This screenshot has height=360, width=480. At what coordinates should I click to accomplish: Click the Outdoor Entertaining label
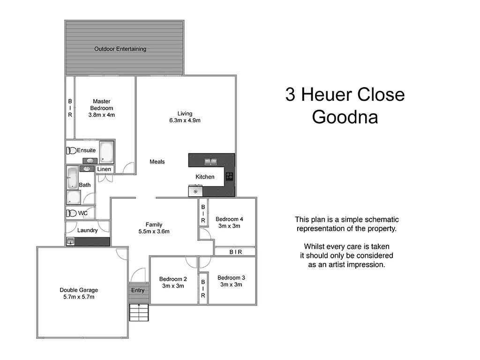(120, 49)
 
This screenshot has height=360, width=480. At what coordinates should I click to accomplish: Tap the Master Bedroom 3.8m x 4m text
(102, 108)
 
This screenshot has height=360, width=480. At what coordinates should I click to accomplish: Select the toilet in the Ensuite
(71, 150)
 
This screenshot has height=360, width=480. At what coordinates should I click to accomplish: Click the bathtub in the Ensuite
(107, 151)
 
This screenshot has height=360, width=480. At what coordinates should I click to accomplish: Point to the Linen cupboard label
(104, 169)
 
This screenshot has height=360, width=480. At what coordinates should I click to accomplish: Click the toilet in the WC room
(72, 213)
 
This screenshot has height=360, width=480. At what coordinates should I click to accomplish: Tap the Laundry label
(88, 230)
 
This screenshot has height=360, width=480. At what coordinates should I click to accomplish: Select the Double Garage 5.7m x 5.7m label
(79, 293)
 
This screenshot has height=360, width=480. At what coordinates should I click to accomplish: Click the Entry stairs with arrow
(139, 311)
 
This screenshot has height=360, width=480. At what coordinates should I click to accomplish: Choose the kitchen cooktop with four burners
(230, 176)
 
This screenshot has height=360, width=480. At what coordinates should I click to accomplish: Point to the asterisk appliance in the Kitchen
(195, 191)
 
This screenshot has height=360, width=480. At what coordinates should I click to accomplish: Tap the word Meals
(157, 162)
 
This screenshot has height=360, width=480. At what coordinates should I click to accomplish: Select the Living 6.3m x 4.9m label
(185, 117)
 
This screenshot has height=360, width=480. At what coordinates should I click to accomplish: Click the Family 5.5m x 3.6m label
(154, 228)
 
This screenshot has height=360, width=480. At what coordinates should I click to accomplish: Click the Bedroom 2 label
(173, 282)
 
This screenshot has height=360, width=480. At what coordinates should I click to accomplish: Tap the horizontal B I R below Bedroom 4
(235, 252)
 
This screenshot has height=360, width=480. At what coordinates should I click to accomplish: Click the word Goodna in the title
(345, 117)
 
